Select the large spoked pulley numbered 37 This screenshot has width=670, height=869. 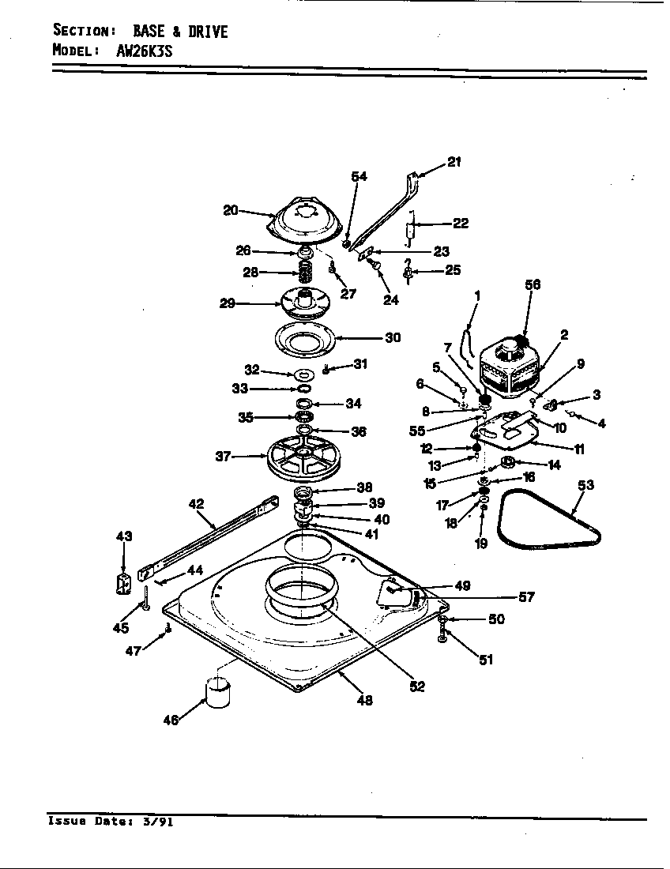tap(303, 457)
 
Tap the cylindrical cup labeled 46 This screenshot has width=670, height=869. tap(217, 692)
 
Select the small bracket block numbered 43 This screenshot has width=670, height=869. tap(122, 584)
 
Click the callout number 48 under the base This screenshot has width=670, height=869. tap(364, 700)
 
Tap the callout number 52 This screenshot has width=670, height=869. tap(417, 687)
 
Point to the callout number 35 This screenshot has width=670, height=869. tap(247, 417)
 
